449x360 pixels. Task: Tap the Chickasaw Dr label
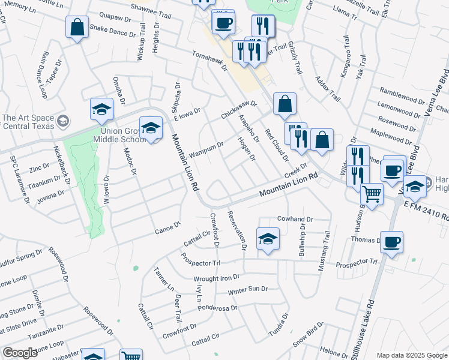pyautogui.click(x=238, y=109)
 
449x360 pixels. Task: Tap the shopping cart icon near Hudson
pyautogui.click(x=372, y=194)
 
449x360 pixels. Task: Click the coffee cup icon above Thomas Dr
pyautogui.click(x=391, y=242)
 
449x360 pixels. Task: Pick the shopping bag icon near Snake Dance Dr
pyautogui.click(x=77, y=27)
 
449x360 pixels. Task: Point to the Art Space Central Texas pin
pyautogui.click(x=62, y=122)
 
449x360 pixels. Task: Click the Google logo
pyautogui.click(x=19, y=353)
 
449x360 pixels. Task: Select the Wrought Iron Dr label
pyautogui.click(x=216, y=278)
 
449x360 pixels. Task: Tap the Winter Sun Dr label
pyautogui.click(x=247, y=289)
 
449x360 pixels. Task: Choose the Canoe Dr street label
pyautogui.click(x=167, y=228)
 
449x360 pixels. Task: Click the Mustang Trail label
pyautogui.click(x=325, y=253)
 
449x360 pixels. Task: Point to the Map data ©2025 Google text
pyautogui.click(x=411, y=355)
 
